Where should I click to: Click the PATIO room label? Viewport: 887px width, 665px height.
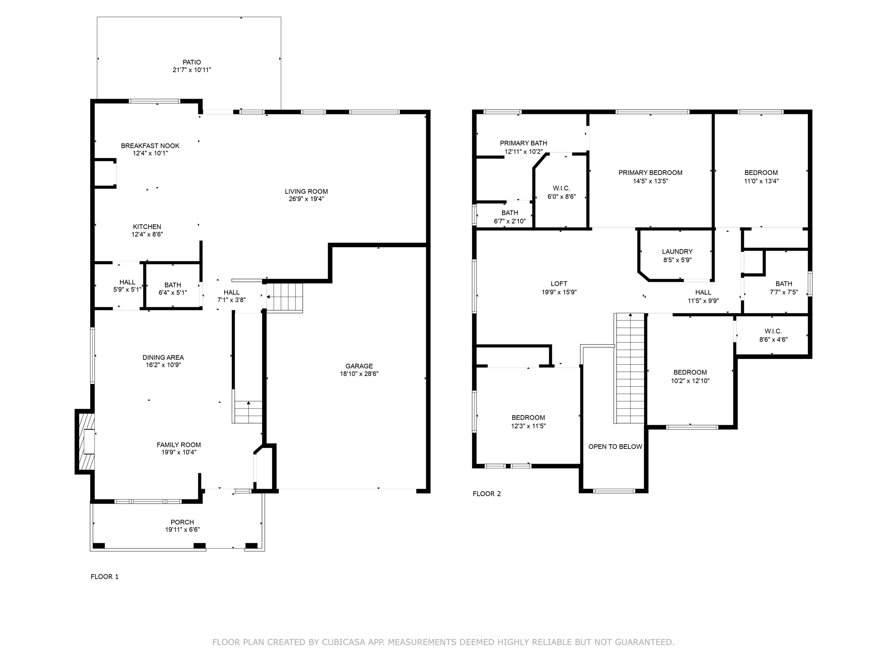191,62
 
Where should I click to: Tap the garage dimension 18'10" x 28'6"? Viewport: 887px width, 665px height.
359,374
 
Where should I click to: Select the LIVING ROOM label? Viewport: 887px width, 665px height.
306,191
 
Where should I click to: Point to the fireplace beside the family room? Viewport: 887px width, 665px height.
85,441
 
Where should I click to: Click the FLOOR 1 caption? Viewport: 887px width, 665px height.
104,577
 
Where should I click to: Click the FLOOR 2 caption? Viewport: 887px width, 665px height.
487,494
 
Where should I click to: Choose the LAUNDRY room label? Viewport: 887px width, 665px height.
677,252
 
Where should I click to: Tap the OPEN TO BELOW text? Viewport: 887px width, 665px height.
615,447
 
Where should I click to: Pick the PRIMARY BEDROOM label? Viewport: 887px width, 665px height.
651,173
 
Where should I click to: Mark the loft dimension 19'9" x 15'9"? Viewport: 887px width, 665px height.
559,292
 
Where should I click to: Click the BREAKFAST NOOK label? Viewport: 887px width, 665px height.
150,146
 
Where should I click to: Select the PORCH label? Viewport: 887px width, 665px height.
182,522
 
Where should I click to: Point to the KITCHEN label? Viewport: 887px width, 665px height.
147,227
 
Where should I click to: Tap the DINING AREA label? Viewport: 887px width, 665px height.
163,358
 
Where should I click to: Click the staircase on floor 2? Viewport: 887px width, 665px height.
629,368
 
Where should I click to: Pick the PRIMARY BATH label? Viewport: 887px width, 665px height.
523,143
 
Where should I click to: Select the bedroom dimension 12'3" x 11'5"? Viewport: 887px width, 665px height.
528,426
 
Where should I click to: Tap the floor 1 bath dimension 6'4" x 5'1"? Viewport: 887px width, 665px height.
172,293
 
